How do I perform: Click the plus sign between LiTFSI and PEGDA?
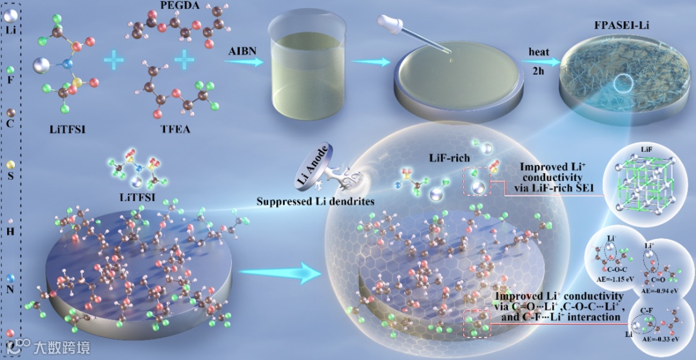pos(114,61)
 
